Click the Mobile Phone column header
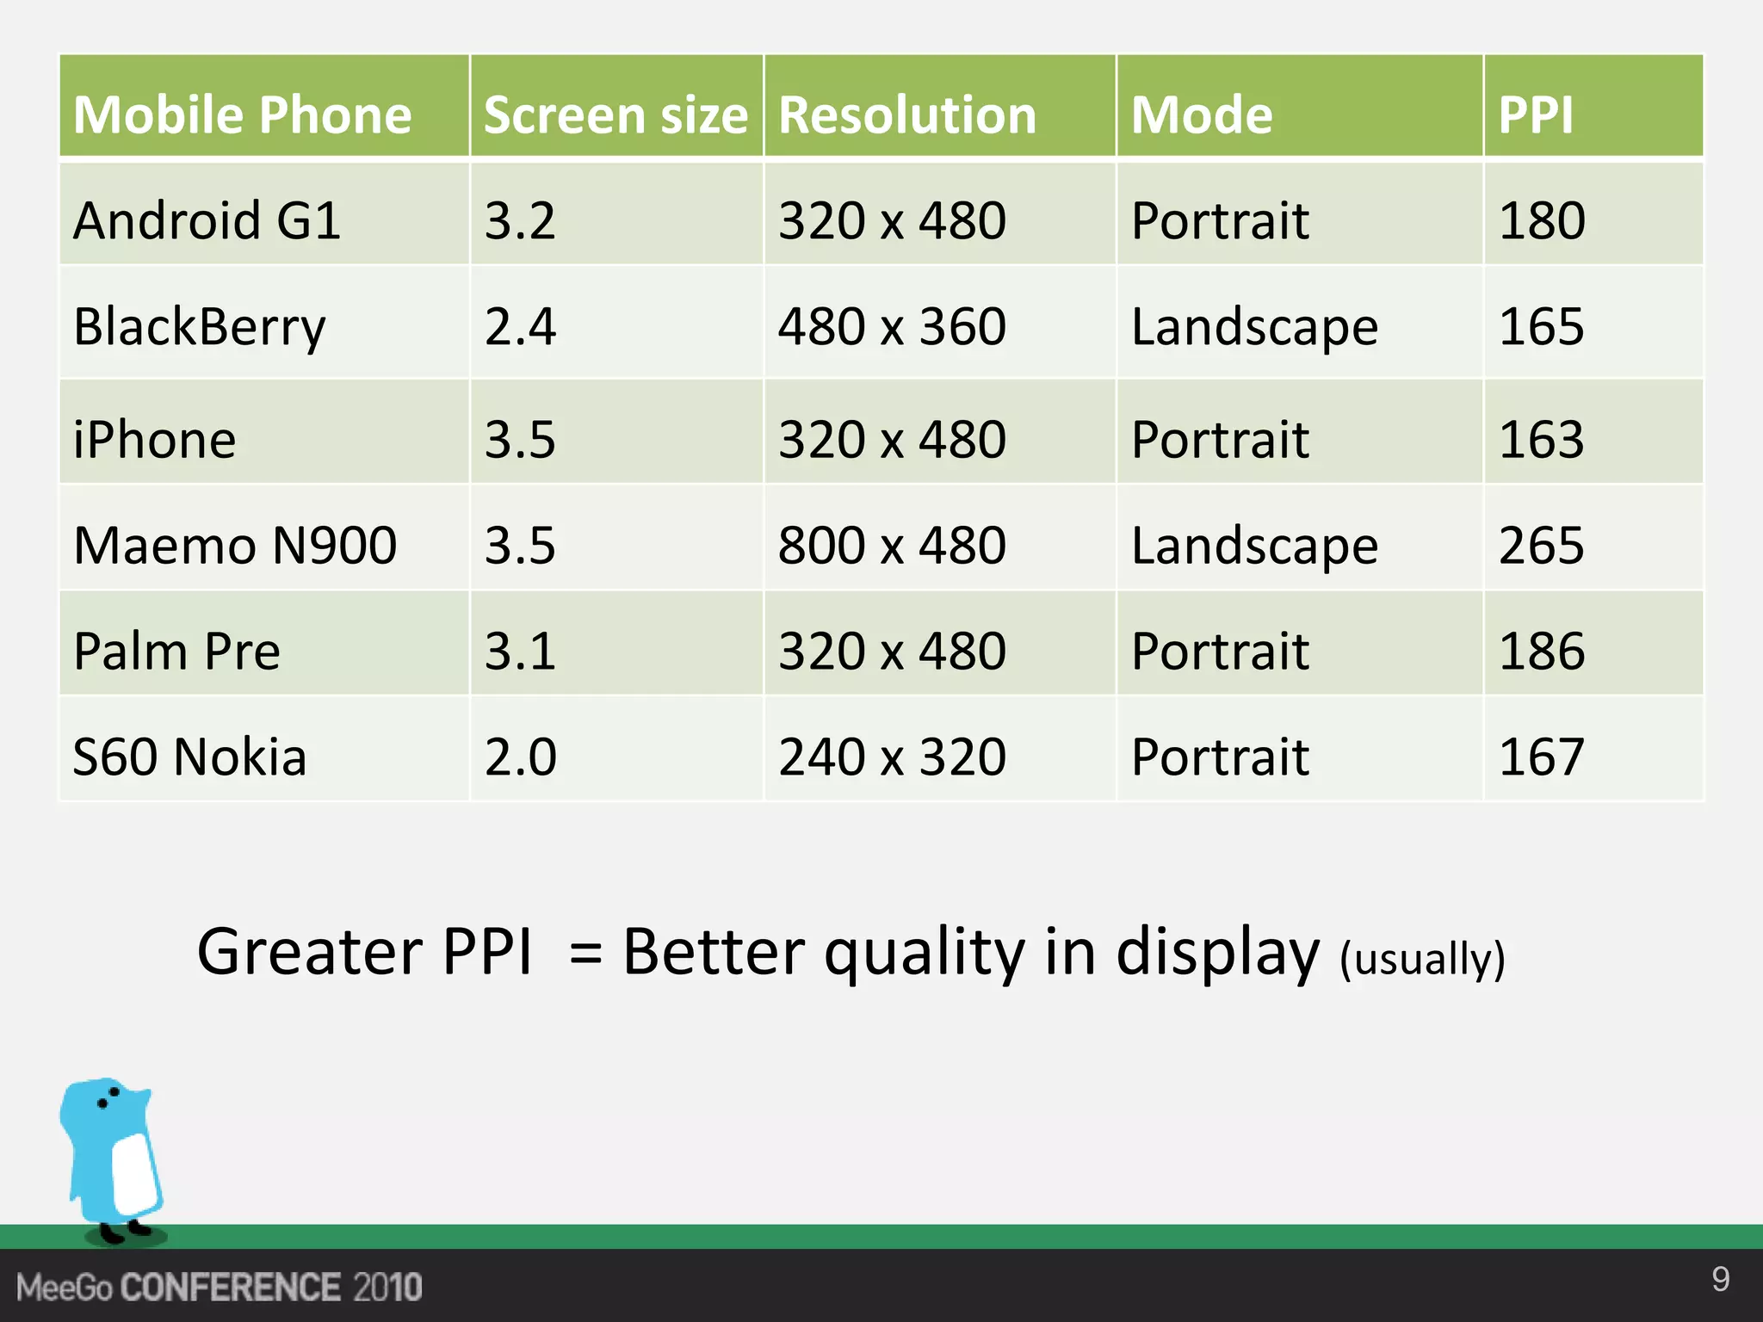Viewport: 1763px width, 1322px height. point(243,114)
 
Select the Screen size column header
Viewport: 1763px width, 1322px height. point(616,114)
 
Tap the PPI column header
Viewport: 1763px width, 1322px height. point(1536,114)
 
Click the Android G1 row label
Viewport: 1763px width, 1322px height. point(207,220)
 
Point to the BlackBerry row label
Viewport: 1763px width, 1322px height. point(200,327)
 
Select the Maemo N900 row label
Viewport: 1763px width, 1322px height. point(235,546)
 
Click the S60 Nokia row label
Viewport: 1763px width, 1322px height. point(189,757)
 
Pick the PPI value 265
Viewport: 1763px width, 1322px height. point(1541,546)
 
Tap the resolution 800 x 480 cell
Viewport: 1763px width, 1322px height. point(892,546)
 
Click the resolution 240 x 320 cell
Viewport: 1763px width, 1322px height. point(892,757)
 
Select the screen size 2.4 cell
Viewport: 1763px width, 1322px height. point(520,327)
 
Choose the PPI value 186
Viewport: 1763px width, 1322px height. point(1541,652)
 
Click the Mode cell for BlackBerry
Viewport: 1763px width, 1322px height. point(1254,327)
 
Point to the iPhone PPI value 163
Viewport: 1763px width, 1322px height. point(1541,440)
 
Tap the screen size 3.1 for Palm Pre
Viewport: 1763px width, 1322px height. point(520,652)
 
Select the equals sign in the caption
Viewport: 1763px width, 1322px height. point(585,954)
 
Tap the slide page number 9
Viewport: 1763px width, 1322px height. point(1720,1279)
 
